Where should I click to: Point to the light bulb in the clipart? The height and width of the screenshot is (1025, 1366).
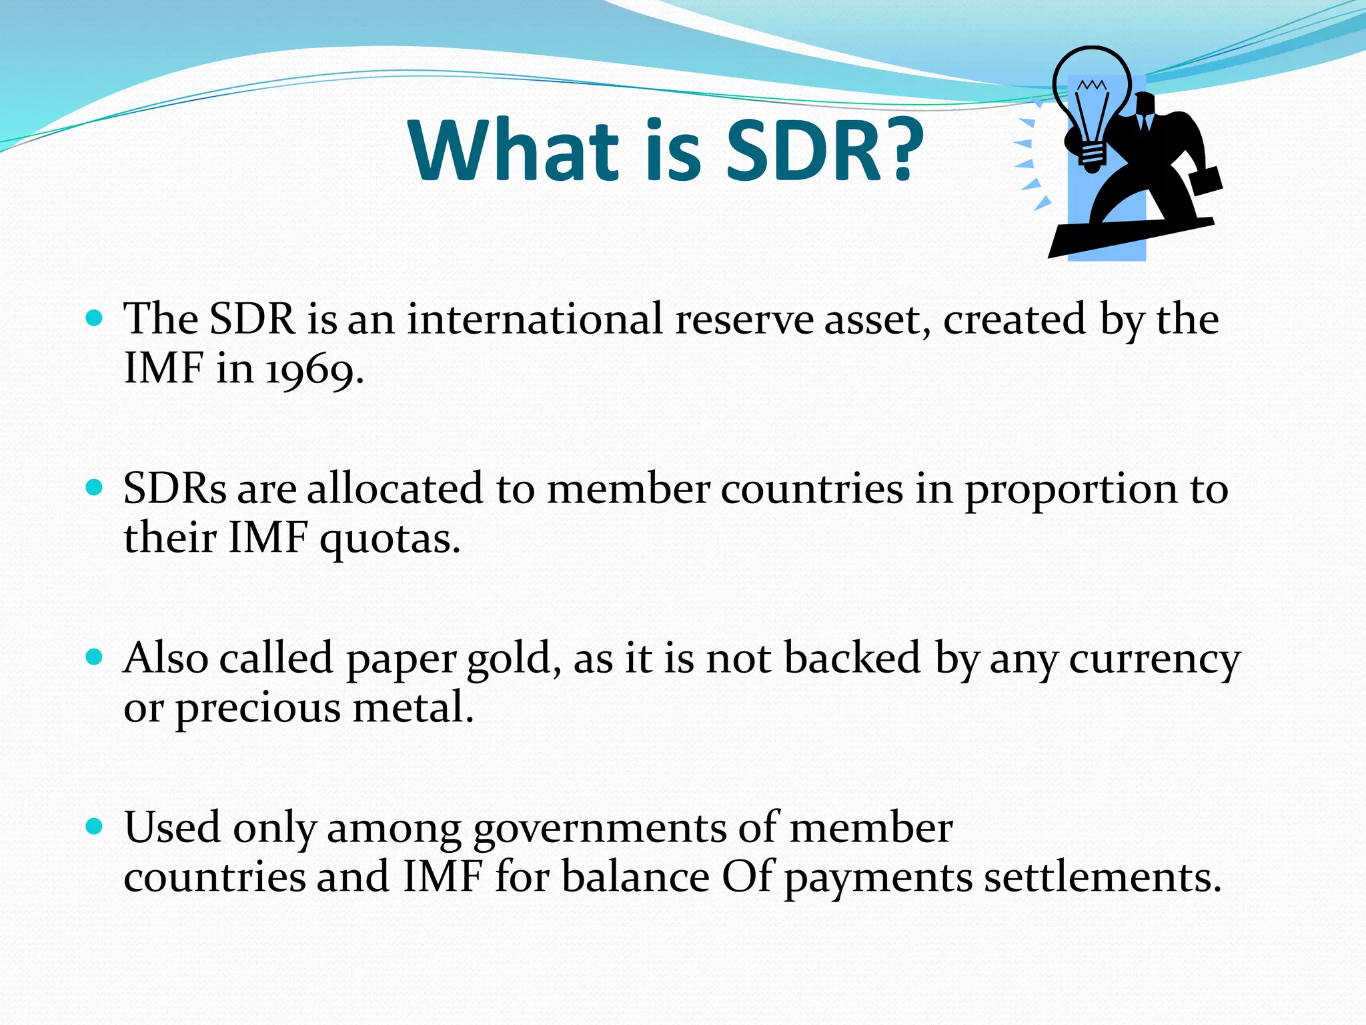click(1092, 100)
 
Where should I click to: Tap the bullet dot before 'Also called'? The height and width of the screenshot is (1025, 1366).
click(95, 657)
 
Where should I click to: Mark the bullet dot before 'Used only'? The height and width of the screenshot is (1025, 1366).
click(95, 827)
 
